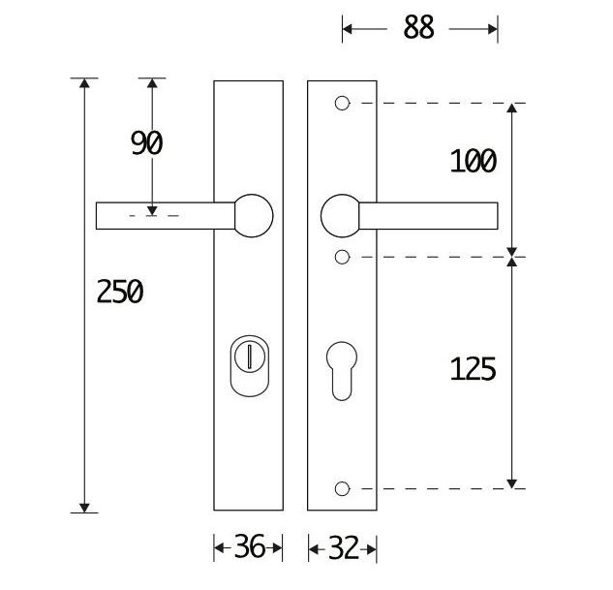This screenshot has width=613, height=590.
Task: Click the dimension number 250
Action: pos(120,291)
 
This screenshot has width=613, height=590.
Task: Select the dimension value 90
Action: pos(147,143)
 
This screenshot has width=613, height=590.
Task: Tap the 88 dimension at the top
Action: pos(418,28)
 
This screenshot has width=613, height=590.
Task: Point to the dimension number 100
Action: pos(473,161)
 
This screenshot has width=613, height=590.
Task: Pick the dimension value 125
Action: pos(473,368)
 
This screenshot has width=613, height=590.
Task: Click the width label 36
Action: pos(249,548)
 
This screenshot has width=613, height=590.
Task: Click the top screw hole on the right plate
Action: pos(341,103)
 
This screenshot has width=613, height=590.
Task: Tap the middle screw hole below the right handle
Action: pos(341,257)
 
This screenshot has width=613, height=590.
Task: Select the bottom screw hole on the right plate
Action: pos(341,488)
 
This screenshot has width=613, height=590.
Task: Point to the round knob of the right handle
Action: pos(341,215)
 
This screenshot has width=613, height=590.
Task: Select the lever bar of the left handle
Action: pos(165,215)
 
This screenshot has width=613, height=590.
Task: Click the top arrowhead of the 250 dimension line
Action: pos(85,84)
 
